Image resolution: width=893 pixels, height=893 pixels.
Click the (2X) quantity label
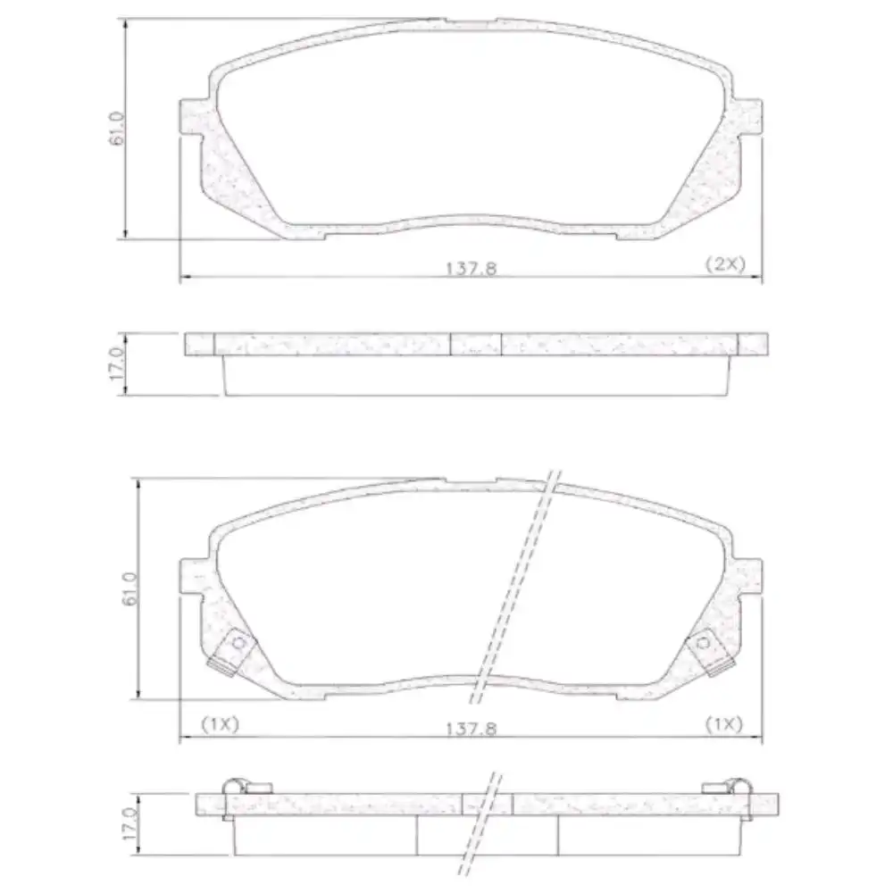724,264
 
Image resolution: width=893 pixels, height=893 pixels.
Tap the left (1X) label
220,723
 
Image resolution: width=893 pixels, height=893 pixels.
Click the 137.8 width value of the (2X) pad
471,268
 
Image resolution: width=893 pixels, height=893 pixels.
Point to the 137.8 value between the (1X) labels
471,728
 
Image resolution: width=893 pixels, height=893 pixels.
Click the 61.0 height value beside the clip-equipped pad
130,589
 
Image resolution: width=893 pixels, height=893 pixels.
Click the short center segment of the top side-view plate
476,345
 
